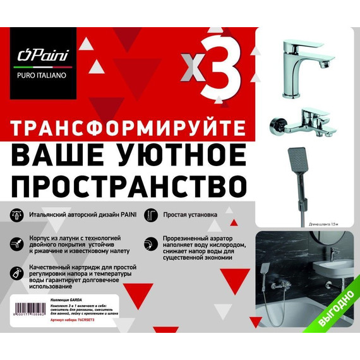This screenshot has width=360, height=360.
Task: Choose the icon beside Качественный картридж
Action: click(x=16, y=272)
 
